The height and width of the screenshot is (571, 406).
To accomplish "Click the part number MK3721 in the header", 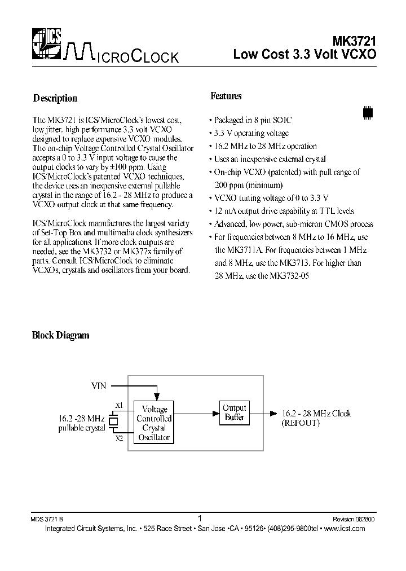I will (x=354, y=41).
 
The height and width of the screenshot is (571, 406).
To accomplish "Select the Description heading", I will (x=55, y=98).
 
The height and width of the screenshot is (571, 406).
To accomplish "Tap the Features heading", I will (x=226, y=96).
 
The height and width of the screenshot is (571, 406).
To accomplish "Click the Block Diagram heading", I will (x=60, y=335).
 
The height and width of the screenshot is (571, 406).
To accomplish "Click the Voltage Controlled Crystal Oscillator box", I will (x=154, y=423).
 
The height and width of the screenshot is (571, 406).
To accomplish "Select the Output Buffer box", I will (x=235, y=413).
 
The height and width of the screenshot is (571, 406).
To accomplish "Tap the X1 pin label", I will (x=118, y=405).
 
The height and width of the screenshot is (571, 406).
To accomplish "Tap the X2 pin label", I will (x=118, y=438).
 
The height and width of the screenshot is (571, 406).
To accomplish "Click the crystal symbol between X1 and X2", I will (x=113, y=421).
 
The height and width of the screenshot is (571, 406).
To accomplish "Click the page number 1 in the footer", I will (x=201, y=517).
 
